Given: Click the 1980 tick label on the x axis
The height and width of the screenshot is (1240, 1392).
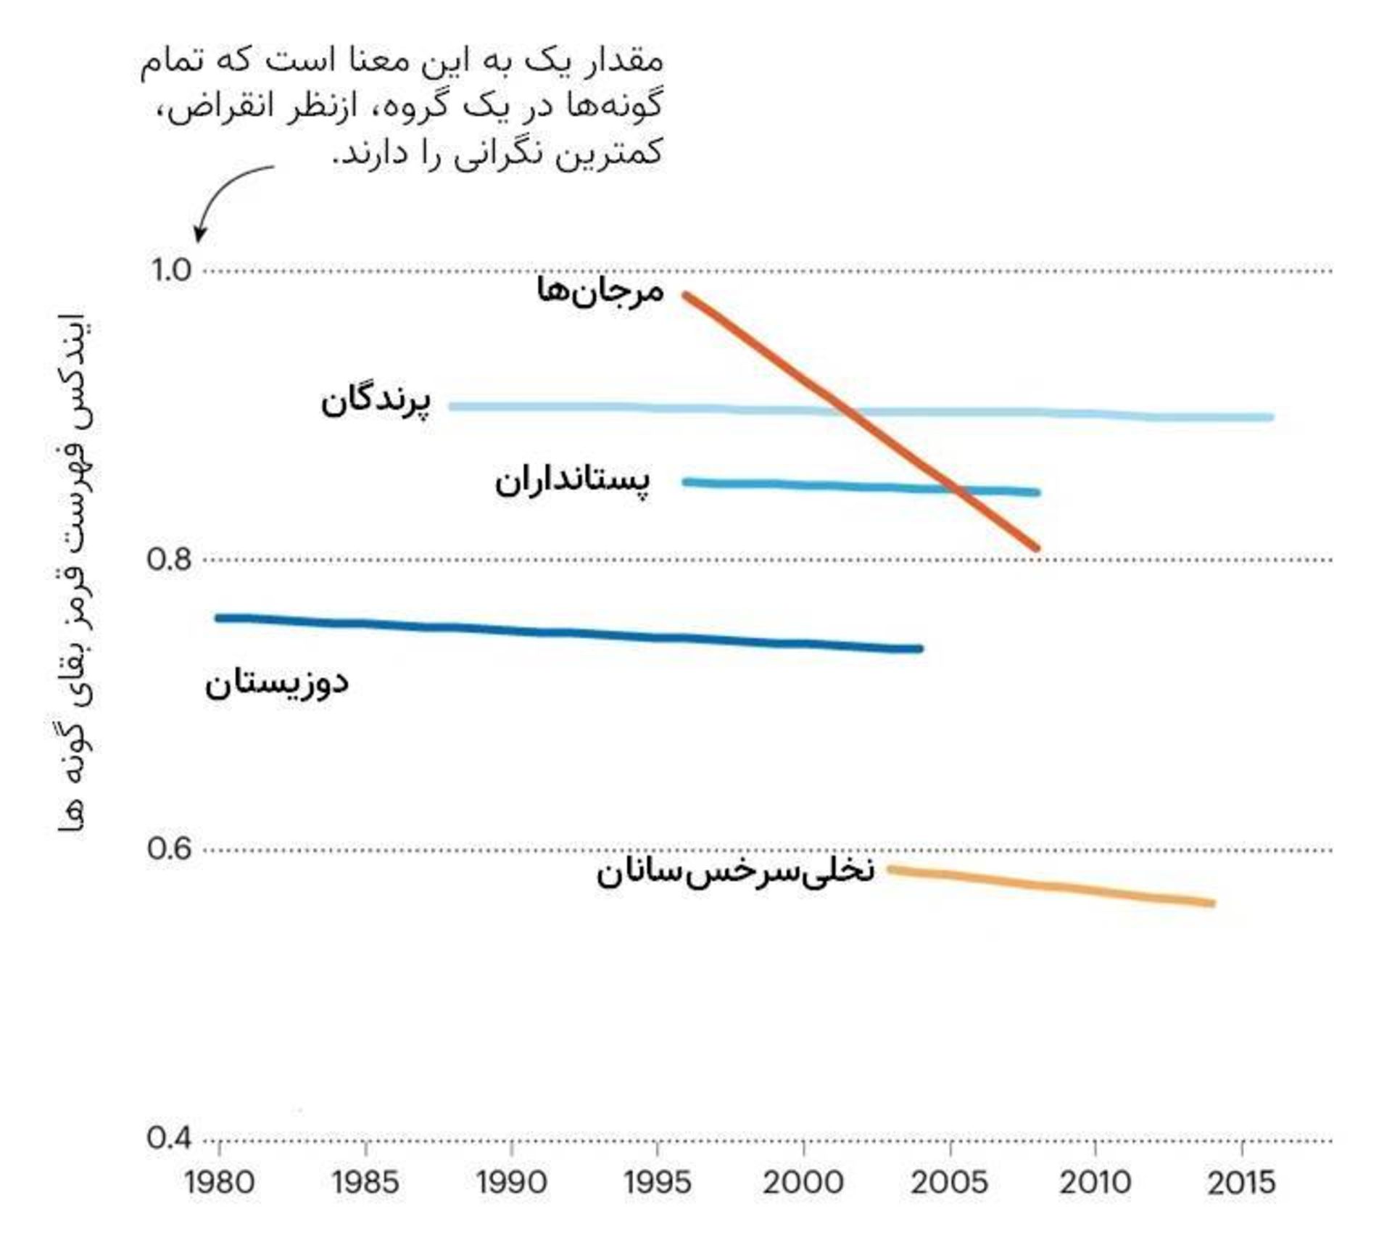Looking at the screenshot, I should click(x=219, y=1183).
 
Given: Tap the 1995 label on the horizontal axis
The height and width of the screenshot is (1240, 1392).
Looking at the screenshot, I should click(x=657, y=1183).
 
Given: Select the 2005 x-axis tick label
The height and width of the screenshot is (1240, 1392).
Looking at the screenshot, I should click(x=949, y=1183).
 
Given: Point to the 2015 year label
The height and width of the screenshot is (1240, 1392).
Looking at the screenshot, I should click(x=1241, y=1183).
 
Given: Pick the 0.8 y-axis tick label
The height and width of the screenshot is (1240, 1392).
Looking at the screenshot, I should click(x=170, y=560).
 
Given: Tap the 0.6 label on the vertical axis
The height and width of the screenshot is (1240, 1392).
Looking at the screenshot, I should click(x=170, y=848).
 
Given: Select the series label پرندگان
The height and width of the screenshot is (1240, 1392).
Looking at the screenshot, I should click(x=376, y=401).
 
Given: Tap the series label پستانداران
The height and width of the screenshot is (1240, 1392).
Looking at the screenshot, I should click(x=573, y=481).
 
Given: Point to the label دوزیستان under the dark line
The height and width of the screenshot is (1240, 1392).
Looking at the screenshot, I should click(x=277, y=683).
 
